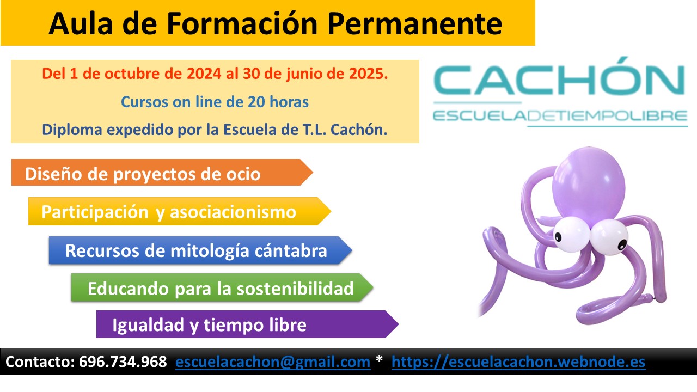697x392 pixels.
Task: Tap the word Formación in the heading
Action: pos(242,23)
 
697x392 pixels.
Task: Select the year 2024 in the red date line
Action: pos(204,73)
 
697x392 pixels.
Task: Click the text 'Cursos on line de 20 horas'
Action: pos(215,102)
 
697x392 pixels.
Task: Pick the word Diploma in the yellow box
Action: pos(72,130)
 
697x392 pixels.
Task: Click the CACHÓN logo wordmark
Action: pos(559,77)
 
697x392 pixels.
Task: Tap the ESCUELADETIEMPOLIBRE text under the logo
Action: pos(560,116)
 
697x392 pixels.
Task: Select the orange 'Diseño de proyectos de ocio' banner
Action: pos(162,173)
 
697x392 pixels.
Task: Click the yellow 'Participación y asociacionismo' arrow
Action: pos(180,211)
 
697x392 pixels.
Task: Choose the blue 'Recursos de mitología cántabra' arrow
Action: pos(200,250)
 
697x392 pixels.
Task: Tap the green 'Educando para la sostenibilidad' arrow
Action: pos(222,288)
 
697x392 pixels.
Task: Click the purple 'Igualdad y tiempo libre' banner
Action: pos(247,324)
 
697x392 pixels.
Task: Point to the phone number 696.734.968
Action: pos(123,362)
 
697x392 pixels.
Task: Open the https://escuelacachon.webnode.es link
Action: pos(518,362)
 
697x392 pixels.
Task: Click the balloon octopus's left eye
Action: pos(571,234)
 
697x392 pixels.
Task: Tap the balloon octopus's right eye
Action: pos(609,237)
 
